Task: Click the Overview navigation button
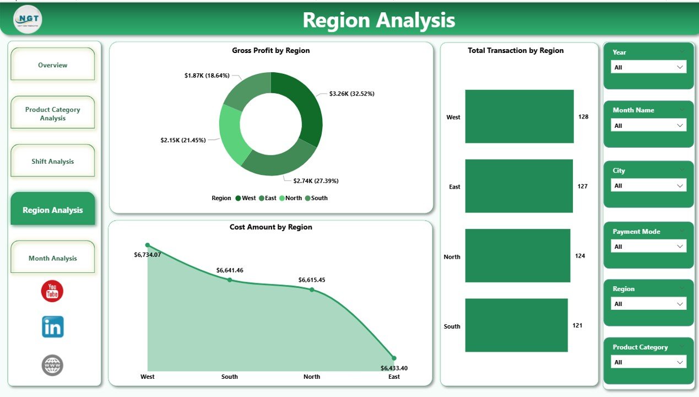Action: click(52, 65)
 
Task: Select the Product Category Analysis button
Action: click(52, 114)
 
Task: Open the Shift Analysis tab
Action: click(52, 162)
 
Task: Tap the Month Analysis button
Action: click(52, 258)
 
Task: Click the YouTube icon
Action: click(52, 291)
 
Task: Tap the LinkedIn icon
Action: click(52, 327)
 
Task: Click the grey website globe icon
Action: click(52, 365)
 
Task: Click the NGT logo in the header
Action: click(28, 20)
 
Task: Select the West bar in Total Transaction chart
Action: click(519, 116)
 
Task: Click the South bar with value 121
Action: click(516, 325)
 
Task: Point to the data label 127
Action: click(583, 186)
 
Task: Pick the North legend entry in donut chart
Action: click(290, 198)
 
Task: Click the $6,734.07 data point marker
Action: click(147, 245)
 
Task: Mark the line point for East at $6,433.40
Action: click(394, 358)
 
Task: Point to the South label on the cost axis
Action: click(230, 377)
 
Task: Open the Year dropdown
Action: click(648, 67)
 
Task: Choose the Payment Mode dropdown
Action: click(648, 246)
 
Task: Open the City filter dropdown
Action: click(648, 186)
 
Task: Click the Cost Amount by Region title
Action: click(270, 227)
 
